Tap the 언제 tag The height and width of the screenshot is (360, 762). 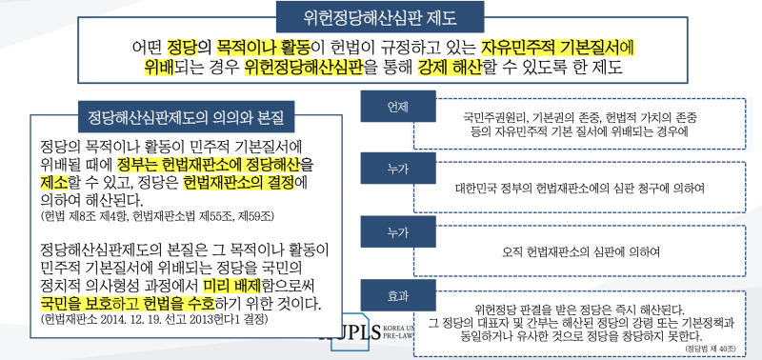click(x=391, y=106)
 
